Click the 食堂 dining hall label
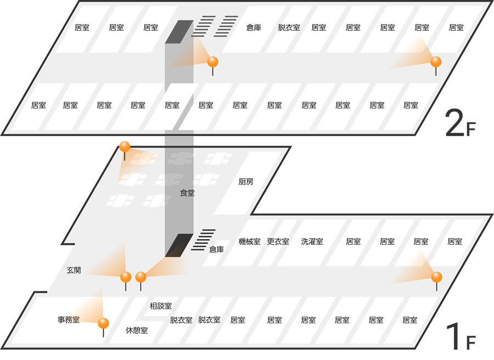187,193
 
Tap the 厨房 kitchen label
246,182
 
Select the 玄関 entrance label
74,270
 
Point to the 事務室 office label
69,320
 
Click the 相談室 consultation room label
161,306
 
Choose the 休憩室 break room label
137,330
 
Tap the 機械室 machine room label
250,241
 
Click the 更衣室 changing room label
278,241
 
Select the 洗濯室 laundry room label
312,241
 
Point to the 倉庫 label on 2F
254,28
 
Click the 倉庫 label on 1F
216,250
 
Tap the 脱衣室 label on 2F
289,28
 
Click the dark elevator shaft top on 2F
179,32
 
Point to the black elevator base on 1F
179,245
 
